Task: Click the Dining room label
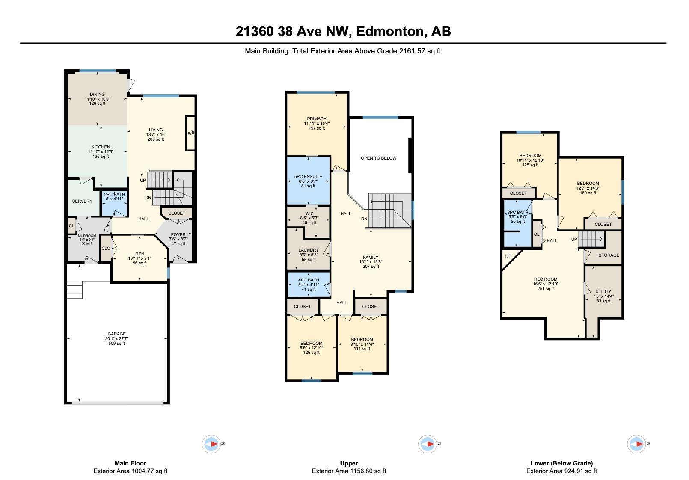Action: point(97,95)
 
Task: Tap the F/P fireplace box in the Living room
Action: point(190,133)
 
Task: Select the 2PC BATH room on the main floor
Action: point(114,203)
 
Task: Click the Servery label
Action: point(82,201)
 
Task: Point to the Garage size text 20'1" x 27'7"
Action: point(116,338)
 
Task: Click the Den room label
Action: point(140,254)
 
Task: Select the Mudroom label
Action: point(87,236)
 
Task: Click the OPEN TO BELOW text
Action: point(379,158)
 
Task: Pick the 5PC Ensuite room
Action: point(309,181)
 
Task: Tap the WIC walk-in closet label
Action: point(309,214)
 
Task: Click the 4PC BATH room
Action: point(309,284)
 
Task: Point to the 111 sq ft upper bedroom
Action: point(362,344)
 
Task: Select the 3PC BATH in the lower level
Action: point(518,223)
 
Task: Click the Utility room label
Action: point(603,291)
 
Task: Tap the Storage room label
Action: point(609,255)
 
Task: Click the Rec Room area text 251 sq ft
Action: point(546,289)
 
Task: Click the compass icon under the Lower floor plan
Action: point(636,444)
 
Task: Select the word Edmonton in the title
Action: point(390,31)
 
